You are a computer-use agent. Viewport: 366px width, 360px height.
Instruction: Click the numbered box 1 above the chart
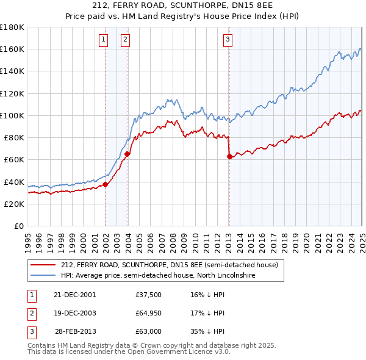click(x=102, y=40)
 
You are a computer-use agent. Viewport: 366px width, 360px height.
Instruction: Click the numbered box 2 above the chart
click(x=124, y=40)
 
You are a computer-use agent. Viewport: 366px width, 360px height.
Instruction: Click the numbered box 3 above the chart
click(x=227, y=40)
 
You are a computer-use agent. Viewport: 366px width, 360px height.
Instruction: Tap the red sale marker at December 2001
click(x=106, y=184)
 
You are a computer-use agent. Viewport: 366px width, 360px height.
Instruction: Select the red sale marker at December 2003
click(x=127, y=154)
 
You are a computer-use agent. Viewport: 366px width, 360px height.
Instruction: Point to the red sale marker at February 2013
click(x=229, y=157)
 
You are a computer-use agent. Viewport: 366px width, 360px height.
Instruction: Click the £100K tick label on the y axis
click(x=12, y=115)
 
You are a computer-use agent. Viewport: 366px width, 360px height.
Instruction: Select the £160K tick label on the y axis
click(x=12, y=49)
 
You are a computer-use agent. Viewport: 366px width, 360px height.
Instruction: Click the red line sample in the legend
click(x=43, y=265)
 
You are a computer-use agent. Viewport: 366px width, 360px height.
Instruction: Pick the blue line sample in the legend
click(x=43, y=275)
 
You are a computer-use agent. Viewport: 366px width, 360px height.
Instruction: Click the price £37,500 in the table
click(x=149, y=295)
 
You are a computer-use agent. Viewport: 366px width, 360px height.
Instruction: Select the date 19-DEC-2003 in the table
click(x=75, y=313)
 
